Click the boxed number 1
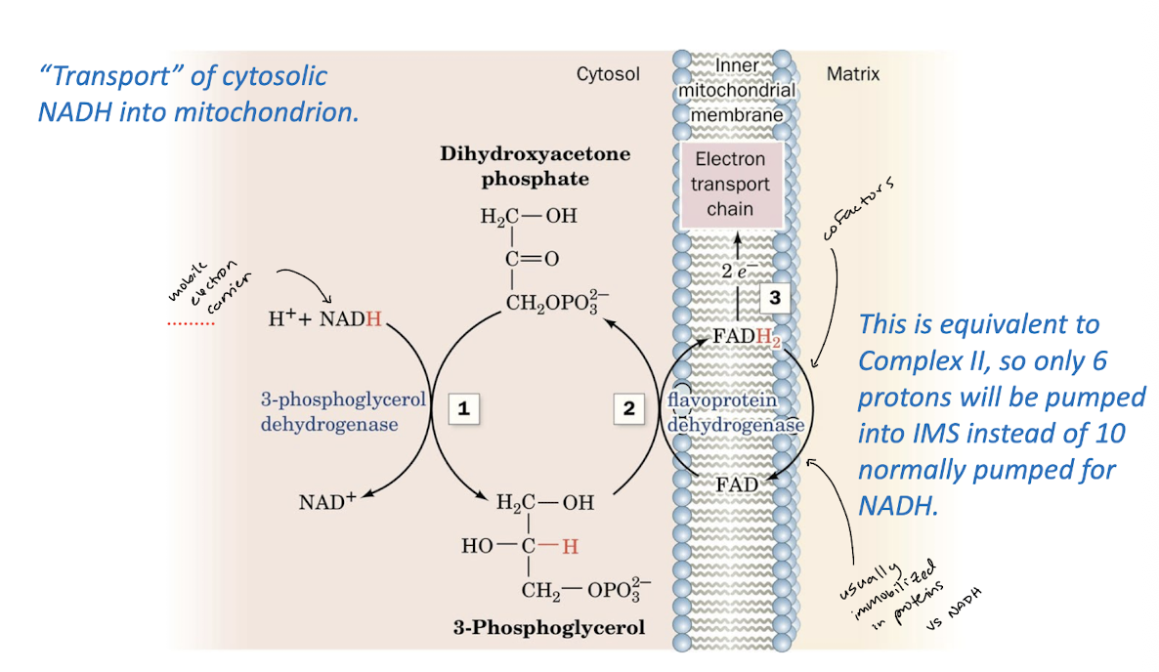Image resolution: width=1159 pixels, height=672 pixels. (x=464, y=409)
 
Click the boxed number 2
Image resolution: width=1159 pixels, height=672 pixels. (x=629, y=409)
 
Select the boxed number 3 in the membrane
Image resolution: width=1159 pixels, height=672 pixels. (x=775, y=298)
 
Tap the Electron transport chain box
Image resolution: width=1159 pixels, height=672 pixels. (x=731, y=184)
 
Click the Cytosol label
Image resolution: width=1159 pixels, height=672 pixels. (x=608, y=74)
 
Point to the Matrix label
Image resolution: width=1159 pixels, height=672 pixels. (x=852, y=74)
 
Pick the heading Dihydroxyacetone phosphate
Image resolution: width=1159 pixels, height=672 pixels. (x=535, y=166)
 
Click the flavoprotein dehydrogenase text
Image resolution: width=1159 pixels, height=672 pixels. (x=735, y=412)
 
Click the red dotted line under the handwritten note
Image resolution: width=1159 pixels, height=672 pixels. (x=191, y=321)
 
